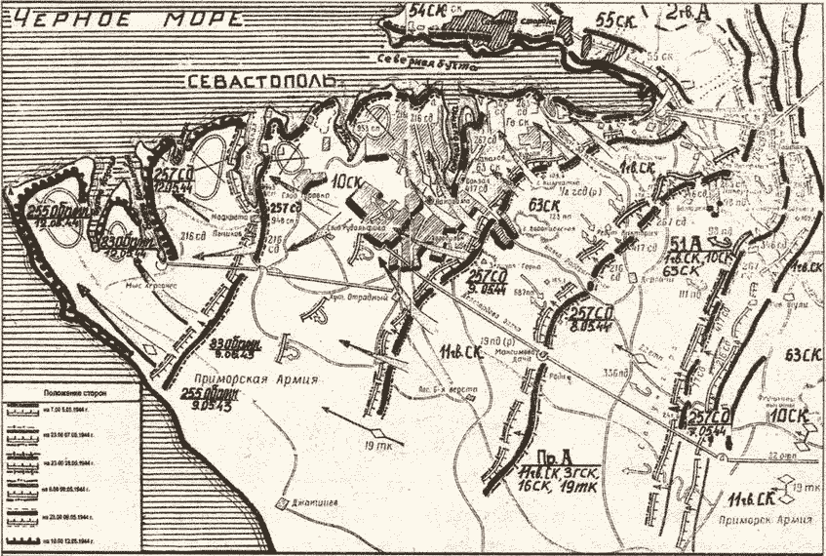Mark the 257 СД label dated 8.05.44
tap(593, 317)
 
